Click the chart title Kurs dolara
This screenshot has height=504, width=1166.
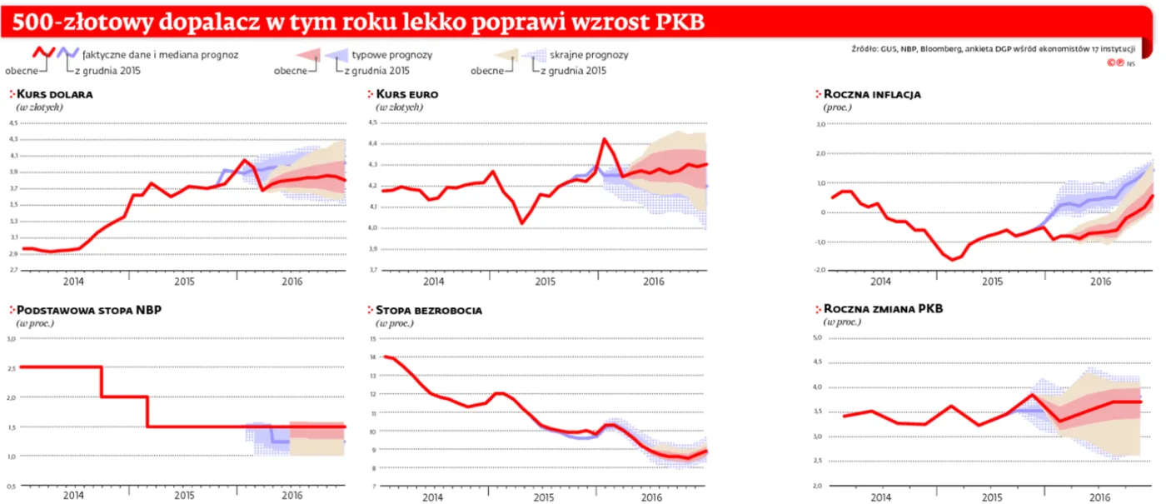pos(54,94)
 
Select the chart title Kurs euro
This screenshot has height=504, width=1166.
pos(407,94)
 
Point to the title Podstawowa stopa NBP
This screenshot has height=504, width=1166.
pos(89,310)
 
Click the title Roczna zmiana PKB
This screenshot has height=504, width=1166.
pos(883,310)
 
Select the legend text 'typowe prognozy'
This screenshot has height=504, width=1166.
pos(391,55)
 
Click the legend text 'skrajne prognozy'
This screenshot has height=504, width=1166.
pos(588,55)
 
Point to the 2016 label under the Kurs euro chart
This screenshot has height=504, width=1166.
pos(654,282)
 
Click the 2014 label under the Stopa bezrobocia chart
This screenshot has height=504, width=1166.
pos(432,498)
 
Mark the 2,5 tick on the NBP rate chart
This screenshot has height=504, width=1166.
pos(12,368)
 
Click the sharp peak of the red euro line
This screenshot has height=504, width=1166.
pos(604,139)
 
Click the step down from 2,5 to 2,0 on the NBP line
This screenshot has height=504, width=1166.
pos(102,382)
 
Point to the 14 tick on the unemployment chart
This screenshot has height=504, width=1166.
pos(373,357)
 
